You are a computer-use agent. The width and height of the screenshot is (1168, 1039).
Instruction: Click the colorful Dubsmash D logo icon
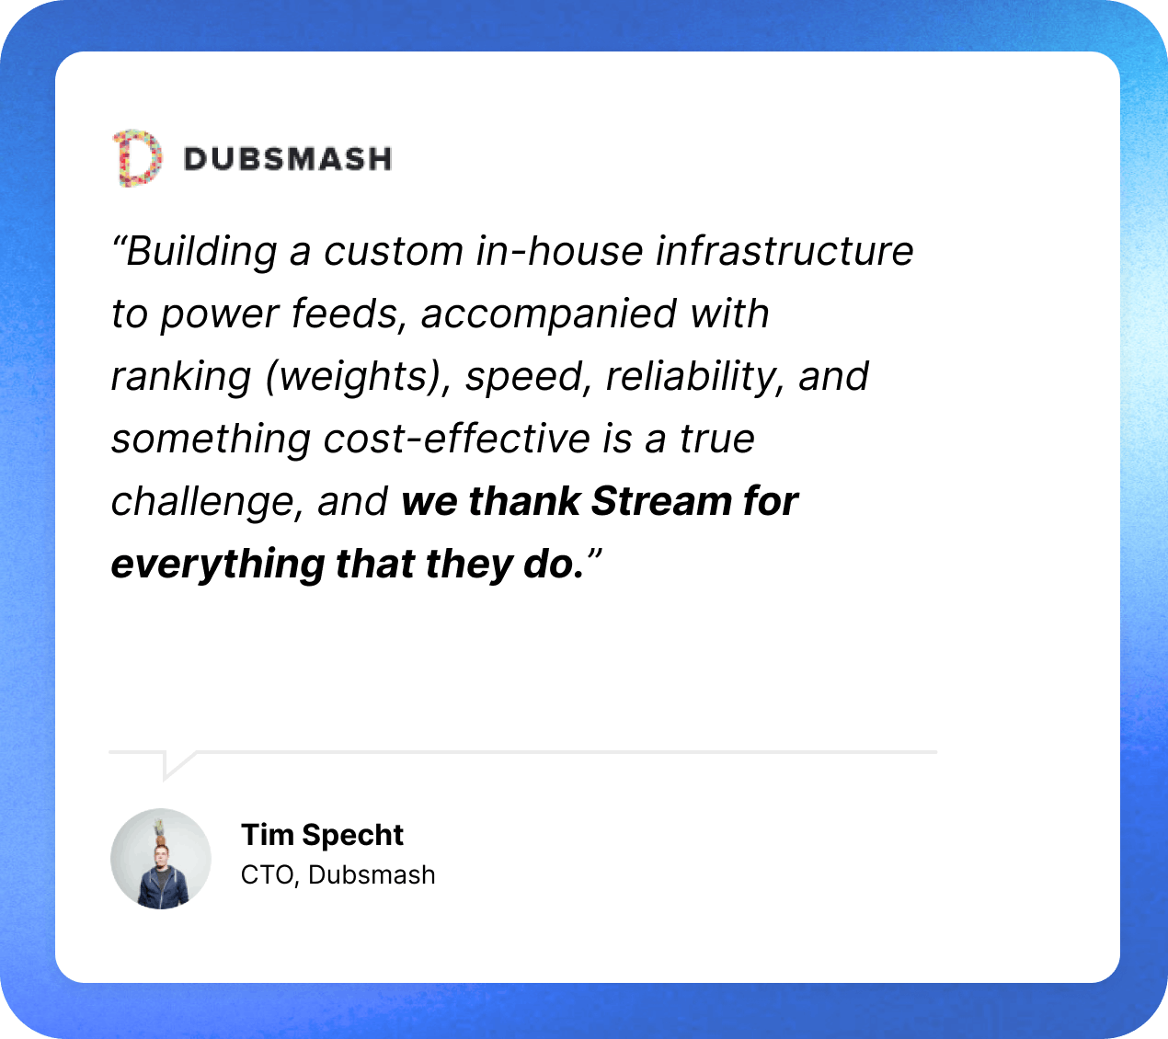(x=137, y=158)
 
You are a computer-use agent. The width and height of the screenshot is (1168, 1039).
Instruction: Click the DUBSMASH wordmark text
(x=288, y=159)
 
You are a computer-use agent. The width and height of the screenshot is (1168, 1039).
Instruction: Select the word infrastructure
(x=784, y=251)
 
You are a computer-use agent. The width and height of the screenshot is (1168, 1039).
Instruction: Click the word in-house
(x=558, y=251)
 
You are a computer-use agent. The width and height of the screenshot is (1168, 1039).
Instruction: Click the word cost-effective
(x=456, y=439)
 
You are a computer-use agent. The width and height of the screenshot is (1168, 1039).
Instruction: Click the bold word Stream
(x=661, y=500)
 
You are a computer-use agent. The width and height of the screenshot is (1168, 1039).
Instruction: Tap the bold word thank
(x=524, y=500)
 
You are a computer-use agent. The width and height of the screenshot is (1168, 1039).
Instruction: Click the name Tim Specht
(x=322, y=836)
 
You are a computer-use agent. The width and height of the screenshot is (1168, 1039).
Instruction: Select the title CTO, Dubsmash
(x=338, y=875)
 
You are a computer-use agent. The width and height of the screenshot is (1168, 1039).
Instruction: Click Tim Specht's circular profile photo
(x=161, y=859)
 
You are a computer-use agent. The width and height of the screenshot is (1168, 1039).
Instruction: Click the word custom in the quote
(x=394, y=251)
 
